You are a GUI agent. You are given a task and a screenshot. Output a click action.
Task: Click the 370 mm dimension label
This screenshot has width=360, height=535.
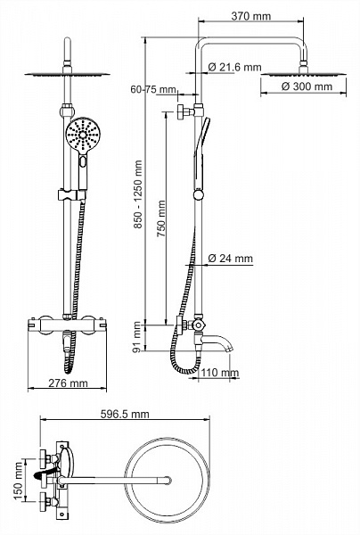(x=251, y=16)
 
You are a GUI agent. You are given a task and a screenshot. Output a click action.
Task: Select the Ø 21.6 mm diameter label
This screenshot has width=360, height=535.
(x=234, y=67)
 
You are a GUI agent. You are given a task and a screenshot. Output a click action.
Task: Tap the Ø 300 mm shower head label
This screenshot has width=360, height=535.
(x=307, y=86)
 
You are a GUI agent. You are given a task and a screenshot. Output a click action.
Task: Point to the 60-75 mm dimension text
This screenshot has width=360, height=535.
(x=153, y=89)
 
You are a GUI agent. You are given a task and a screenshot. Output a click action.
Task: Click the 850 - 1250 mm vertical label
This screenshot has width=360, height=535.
(x=138, y=195)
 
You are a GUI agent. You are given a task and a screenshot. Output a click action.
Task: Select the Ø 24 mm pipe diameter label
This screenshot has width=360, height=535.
(x=231, y=259)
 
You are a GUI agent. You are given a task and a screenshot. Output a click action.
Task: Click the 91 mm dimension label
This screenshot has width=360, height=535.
(x=137, y=337)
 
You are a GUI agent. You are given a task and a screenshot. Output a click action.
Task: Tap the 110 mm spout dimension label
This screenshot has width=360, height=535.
(x=219, y=372)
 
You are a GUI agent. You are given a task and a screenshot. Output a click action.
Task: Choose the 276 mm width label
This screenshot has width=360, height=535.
(x=68, y=383)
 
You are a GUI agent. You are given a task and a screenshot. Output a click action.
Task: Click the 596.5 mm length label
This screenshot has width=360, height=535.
(x=125, y=414)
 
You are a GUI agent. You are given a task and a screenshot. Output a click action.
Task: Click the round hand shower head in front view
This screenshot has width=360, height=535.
(x=82, y=134)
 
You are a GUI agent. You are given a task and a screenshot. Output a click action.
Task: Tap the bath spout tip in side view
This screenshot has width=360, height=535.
(x=230, y=349)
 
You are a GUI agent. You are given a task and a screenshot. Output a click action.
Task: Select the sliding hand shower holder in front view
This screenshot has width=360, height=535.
(x=71, y=194)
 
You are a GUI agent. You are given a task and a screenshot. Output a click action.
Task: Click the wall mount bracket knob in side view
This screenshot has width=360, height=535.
(x=181, y=112)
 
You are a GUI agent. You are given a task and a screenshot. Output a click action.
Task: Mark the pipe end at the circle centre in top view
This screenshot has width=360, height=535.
(x=168, y=480)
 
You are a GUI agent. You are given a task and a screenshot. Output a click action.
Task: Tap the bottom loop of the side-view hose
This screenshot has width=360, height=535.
(x=185, y=371)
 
